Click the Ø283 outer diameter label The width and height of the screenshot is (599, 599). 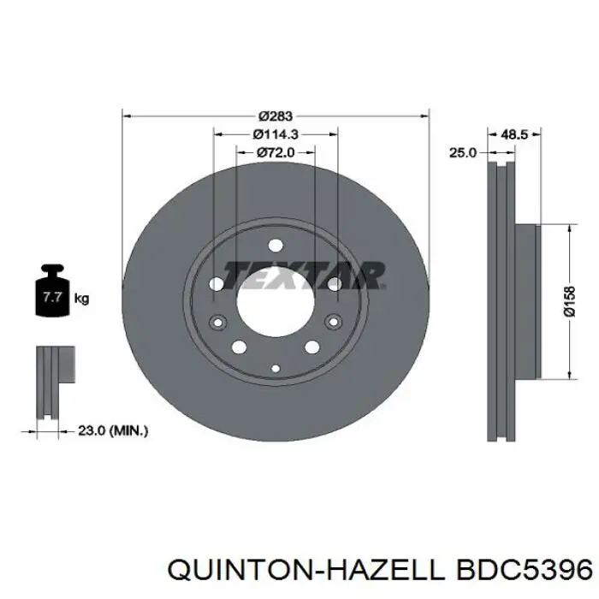(276, 116)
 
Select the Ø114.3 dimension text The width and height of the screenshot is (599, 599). (276, 134)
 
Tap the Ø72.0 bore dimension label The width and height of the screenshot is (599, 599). (276, 152)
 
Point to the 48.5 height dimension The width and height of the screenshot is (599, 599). (513, 134)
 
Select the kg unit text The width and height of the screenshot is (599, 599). (82, 299)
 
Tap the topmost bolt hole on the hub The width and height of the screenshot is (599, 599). (276, 243)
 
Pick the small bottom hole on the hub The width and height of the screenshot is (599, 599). (276, 368)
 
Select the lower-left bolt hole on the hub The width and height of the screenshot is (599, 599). (239, 347)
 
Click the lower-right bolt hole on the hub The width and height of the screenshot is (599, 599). (312, 347)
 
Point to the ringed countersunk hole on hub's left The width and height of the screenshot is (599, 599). (216, 323)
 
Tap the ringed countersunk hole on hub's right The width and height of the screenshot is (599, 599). (335, 323)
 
